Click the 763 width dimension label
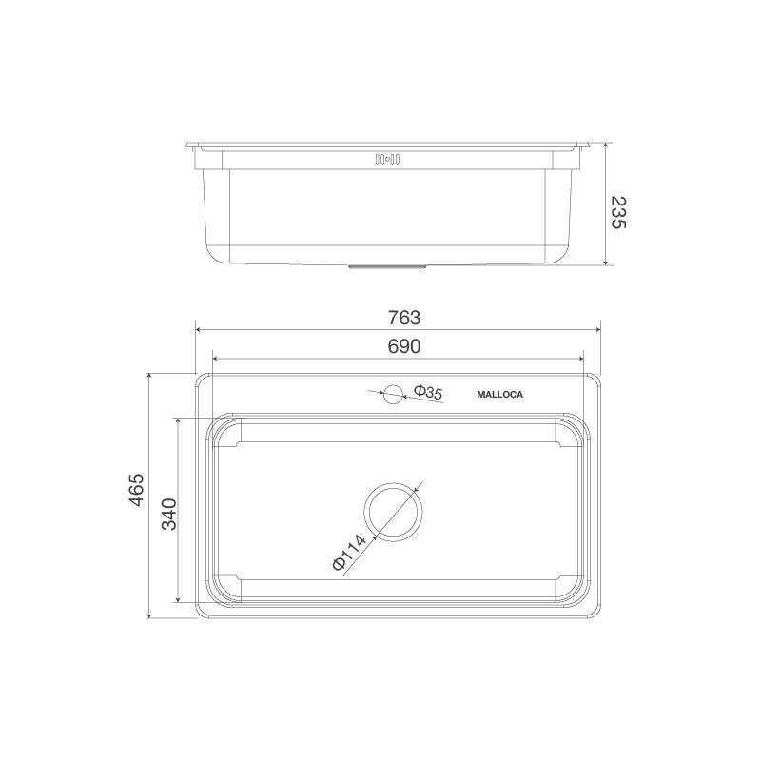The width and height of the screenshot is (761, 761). pyautogui.click(x=404, y=318)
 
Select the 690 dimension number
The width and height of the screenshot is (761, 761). pyautogui.click(x=404, y=347)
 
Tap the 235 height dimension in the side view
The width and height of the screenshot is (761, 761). pyautogui.click(x=618, y=213)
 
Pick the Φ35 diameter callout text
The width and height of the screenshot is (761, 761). pyautogui.click(x=428, y=392)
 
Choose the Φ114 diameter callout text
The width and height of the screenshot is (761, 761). pyautogui.click(x=349, y=554)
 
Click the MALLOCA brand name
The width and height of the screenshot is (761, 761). pyautogui.click(x=498, y=394)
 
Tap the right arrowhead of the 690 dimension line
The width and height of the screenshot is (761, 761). pyautogui.click(x=581, y=359)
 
